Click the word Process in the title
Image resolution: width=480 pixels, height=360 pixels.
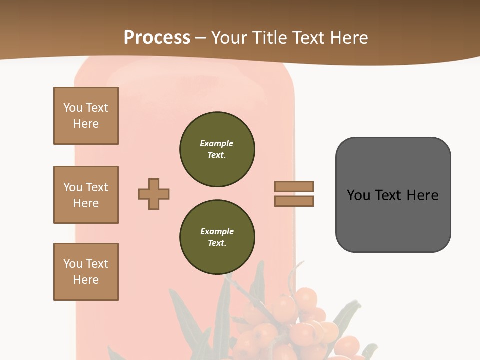point(157,38)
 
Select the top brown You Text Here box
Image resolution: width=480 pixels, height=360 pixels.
point(86,116)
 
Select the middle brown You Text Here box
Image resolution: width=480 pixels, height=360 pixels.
point(86,195)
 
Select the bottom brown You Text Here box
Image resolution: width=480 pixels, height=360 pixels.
point(86,272)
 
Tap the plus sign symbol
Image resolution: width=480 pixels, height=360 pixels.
point(154,194)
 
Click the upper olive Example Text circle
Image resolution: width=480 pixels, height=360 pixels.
point(217,149)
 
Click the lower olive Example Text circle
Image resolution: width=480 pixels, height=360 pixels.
point(217,237)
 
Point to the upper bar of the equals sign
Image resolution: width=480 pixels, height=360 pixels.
point(294,186)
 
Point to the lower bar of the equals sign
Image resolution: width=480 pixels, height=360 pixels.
point(294,201)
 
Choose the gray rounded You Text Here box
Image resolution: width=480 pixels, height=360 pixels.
point(393,194)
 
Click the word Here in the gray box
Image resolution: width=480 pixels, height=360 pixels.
point(422,195)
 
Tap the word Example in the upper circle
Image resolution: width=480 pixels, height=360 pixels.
point(216,143)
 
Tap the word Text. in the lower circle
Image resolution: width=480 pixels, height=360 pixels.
point(217,243)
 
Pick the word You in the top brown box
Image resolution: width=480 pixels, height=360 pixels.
point(72,108)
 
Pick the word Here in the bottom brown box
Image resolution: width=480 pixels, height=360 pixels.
point(86,280)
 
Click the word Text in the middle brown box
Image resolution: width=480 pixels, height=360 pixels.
point(97,187)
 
